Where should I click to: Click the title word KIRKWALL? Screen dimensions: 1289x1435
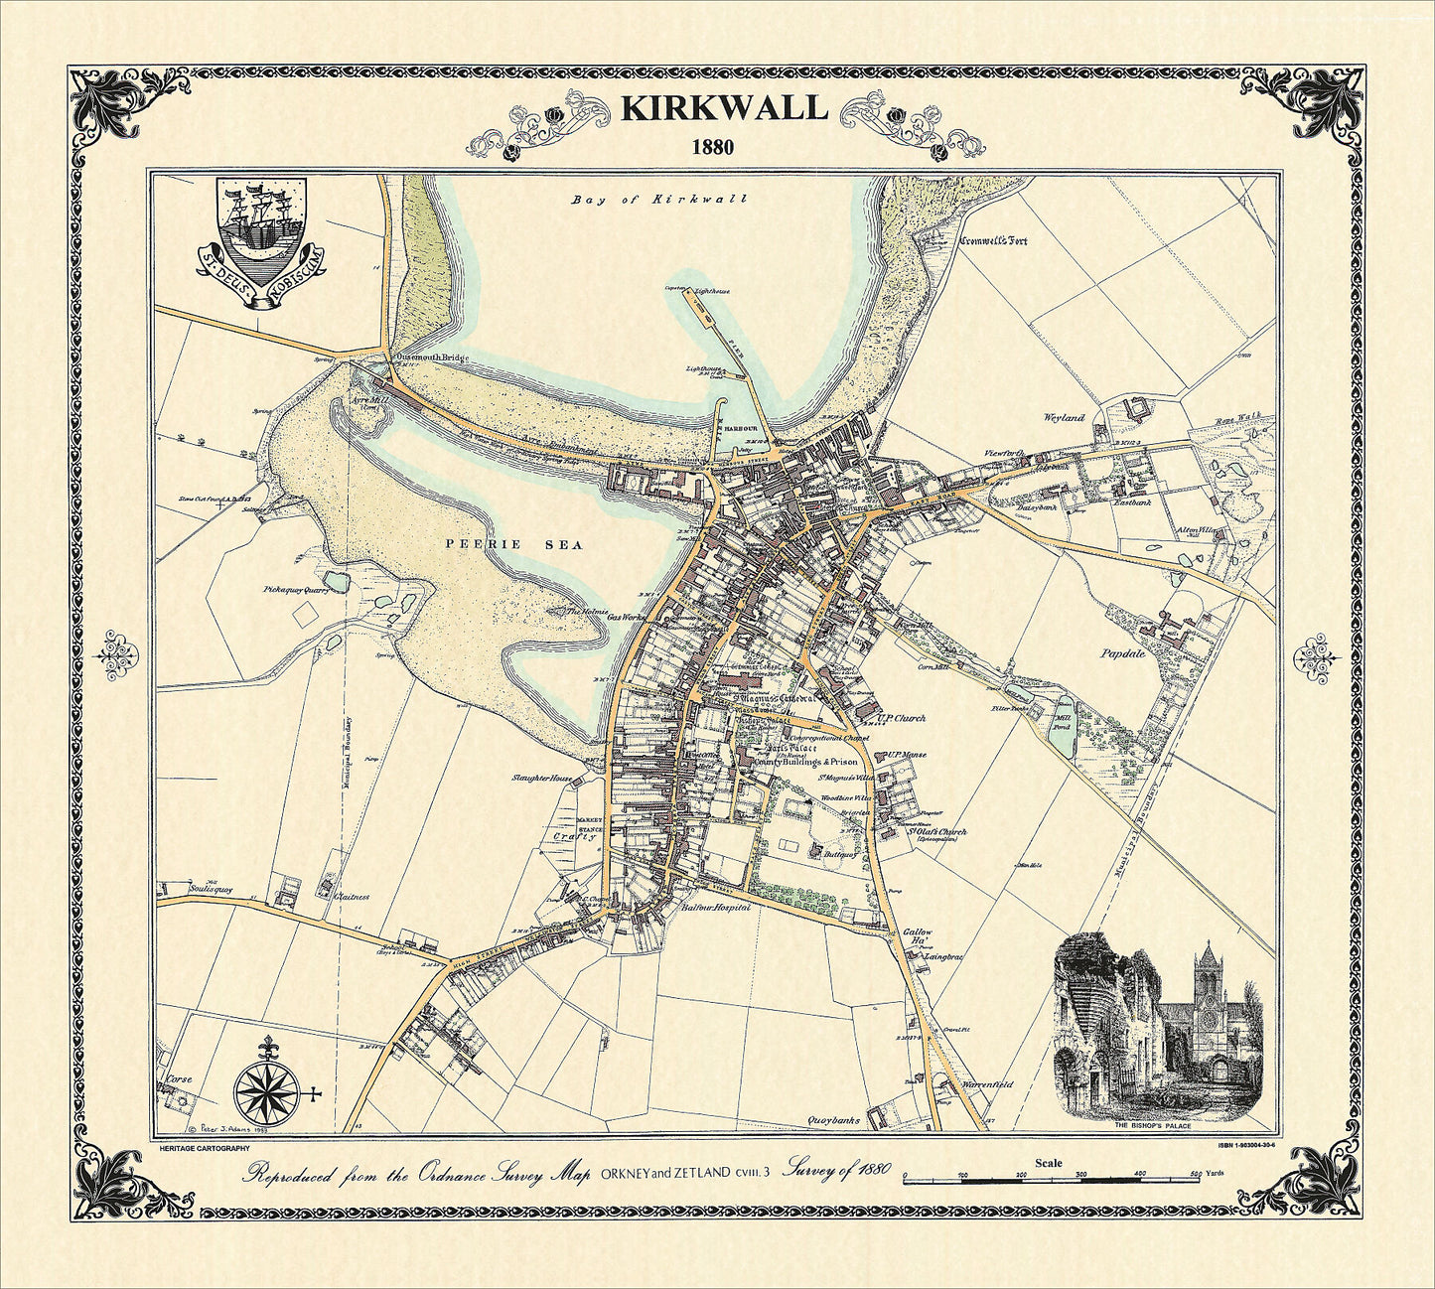724,108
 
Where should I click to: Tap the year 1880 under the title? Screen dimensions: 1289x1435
713,147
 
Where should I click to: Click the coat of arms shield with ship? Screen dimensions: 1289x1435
261,227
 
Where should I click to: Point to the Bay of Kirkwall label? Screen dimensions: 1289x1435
658,200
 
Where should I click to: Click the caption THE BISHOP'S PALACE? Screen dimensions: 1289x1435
1158,1125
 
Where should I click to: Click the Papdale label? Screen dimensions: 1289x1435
1123,653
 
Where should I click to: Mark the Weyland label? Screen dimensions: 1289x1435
1064,418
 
